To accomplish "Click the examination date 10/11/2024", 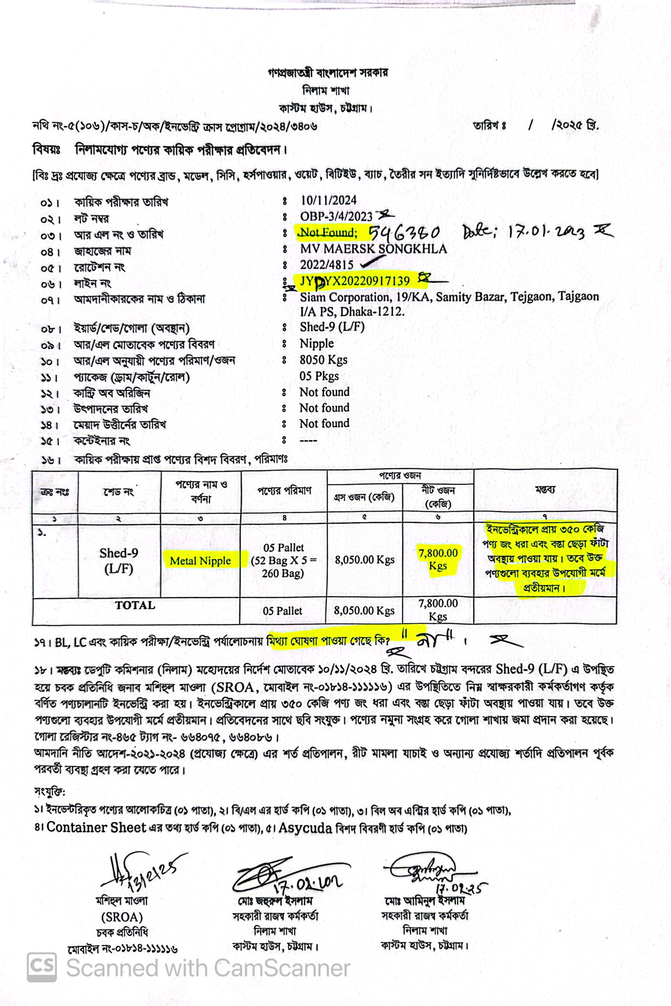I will [x=328, y=200].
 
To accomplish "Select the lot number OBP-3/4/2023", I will [x=336, y=217].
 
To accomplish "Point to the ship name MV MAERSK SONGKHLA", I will [x=373, y=249].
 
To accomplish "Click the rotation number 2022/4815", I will [x=326, y=265].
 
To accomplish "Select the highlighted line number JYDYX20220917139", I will [x=355, y=281].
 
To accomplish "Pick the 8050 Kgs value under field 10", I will [x=323, y=360].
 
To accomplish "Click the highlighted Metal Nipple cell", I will [x=200, y=561].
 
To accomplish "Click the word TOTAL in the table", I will [x=135, y=605].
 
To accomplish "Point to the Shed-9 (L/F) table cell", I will [x=119, y=560].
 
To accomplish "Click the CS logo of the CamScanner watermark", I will [x=42, y=968].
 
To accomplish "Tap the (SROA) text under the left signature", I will [x=122, y=917].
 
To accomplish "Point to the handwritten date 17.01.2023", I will [x=546, y=233].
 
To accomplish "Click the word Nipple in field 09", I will [x=317, y=343].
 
